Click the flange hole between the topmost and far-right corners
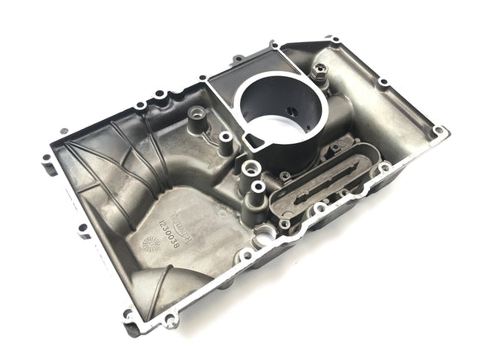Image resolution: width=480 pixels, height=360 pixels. (383, 83)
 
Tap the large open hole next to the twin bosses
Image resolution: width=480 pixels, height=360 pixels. (266, 235)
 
